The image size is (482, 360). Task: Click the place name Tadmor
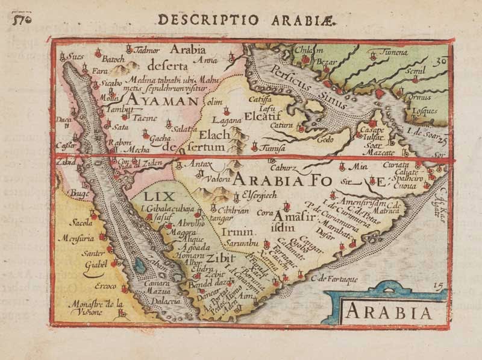[x=148, y=49]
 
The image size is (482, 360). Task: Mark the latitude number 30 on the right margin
[x=440, y=60]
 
